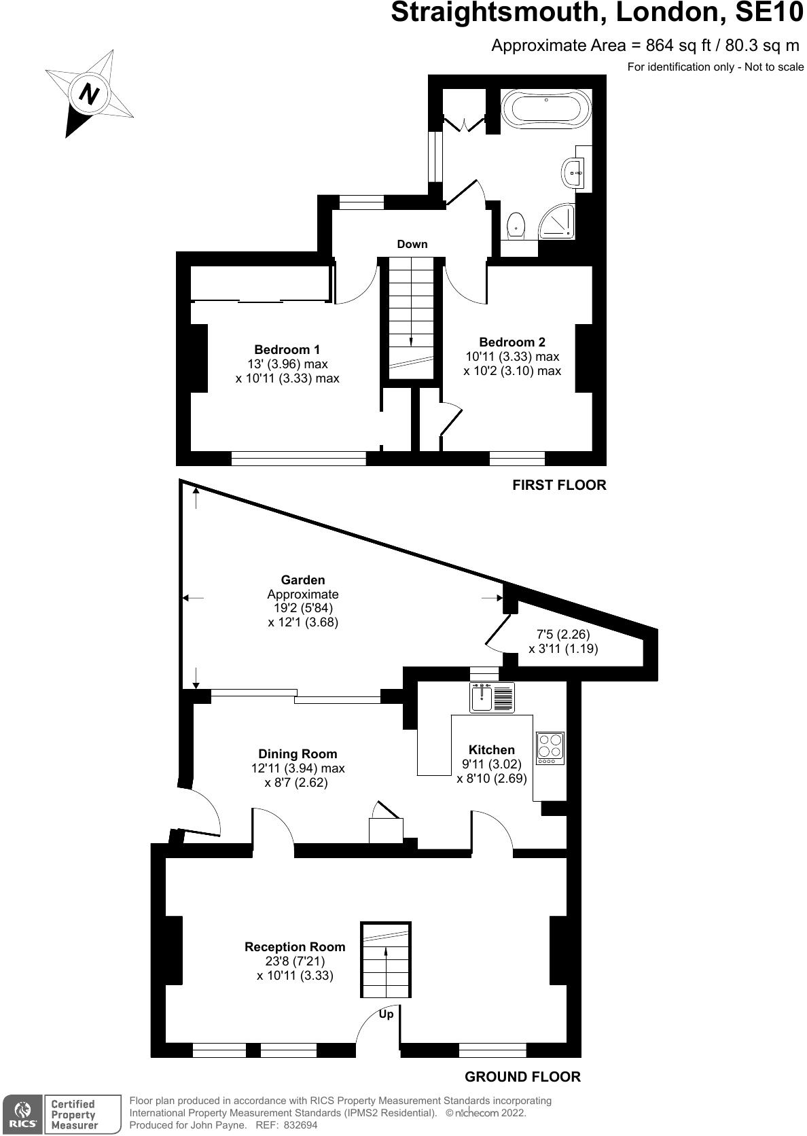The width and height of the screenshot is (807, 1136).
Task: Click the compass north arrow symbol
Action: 89,93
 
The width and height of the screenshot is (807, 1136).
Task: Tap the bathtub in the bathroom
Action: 545,108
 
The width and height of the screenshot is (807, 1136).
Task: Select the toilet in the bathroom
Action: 517,225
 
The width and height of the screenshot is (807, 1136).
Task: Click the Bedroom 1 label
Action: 287,349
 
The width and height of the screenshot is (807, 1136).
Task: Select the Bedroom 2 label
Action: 512,342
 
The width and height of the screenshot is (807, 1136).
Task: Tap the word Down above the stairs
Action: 412,244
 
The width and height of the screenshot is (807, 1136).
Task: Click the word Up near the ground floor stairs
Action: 386,1014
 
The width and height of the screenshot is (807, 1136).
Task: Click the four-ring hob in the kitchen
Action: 550,747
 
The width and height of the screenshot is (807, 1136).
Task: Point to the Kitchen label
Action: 492,749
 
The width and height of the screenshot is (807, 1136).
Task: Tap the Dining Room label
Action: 298,753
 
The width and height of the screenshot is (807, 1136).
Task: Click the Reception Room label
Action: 295,946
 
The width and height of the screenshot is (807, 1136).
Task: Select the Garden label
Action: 303,580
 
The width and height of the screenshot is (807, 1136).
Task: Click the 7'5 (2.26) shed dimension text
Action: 563,635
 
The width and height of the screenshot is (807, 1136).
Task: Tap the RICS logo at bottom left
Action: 22,1114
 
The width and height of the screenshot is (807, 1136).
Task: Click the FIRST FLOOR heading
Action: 558,485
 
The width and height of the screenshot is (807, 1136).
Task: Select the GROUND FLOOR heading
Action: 522,1076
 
